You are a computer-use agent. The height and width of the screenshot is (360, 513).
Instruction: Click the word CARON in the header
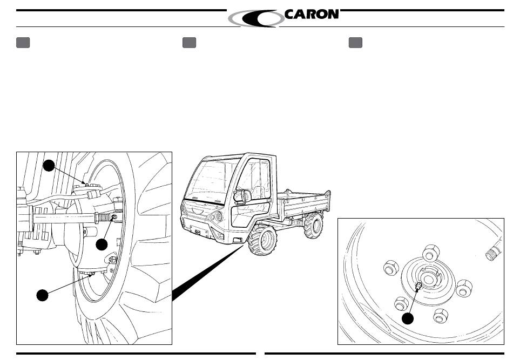coord(312,14)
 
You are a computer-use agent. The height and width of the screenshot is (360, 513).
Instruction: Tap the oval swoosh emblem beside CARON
coord(256,18)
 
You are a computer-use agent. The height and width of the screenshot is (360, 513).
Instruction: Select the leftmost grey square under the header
coord(23,43)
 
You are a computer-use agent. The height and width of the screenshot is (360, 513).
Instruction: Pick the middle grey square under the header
coord(189,43)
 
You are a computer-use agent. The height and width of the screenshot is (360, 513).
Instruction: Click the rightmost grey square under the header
coord(355,43)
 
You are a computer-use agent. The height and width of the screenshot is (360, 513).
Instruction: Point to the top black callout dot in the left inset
coord(49,166)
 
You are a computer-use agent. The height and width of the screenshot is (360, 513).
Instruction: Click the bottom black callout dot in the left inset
coord(42,295)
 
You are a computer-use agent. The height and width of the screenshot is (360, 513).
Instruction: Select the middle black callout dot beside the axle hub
coord(102,244)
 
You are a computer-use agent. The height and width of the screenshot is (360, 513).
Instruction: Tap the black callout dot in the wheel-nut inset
coord(407,318)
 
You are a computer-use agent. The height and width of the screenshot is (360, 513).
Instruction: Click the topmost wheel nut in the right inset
coord(431,253)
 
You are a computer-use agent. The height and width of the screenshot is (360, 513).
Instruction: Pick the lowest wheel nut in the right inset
coord(440,316)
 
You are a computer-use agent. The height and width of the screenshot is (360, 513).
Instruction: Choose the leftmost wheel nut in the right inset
coord(391,268)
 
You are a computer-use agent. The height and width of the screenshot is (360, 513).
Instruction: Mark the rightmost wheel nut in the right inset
coord(464,288)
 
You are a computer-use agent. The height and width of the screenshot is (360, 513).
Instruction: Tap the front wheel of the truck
coord(262,240)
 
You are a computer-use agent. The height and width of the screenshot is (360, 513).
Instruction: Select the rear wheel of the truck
coord(313,225)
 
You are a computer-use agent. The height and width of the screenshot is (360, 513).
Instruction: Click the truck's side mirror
coord(242,195)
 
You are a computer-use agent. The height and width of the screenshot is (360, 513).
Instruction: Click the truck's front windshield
coord(213,180)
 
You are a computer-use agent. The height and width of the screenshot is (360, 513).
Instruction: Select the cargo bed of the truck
coord(303,203)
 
